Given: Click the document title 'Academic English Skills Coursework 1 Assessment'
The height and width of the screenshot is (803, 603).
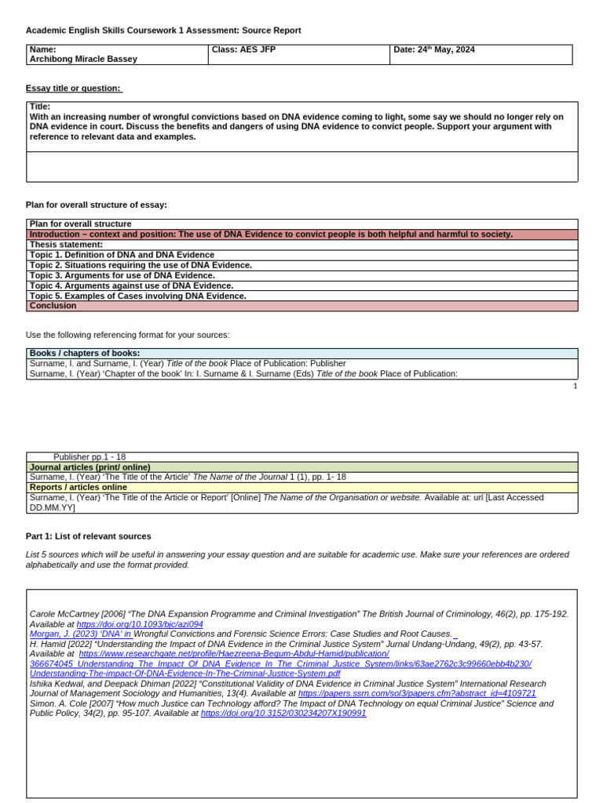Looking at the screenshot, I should click(x=163, y=31).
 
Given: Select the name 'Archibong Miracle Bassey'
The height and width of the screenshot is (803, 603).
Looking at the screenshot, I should click(x=83, y=60).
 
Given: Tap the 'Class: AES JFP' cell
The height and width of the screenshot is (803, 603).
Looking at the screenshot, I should click(x=244, y=49).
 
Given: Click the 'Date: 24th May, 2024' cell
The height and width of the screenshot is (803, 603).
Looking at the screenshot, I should click(x=434, y=49).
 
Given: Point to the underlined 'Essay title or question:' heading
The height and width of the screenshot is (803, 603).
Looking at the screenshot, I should click(x=74, y=89).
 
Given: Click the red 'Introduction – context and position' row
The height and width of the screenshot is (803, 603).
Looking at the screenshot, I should click(x=271, y=234).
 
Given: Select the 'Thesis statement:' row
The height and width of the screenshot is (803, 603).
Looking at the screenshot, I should click(x=67, y=245).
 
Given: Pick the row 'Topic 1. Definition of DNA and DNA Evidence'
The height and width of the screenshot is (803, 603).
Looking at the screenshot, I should click(x=122, y=255).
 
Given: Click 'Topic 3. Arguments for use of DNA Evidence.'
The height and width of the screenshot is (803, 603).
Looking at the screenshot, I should click(x=122, y=275).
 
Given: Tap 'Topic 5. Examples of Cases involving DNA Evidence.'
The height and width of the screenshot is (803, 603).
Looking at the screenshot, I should click(x=138, y=296).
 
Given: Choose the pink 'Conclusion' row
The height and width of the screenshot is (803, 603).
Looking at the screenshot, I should click(x=53, y=306).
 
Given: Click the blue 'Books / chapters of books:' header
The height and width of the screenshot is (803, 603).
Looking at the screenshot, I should click(x=85, y=354).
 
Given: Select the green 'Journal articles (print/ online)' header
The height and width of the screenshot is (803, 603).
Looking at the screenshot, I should click(x=90, y=467).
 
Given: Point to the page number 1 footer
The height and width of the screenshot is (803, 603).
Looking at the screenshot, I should click(x=575, y=386).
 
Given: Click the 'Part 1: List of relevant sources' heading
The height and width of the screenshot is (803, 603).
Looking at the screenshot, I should click(x=89, y=536).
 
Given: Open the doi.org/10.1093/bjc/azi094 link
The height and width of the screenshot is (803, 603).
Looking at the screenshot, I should click(x=140, y=624).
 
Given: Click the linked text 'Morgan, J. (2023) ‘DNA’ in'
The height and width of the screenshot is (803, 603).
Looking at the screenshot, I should click(x=80, y=634).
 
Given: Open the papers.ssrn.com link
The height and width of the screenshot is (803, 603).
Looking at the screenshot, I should click(x=417, y=693).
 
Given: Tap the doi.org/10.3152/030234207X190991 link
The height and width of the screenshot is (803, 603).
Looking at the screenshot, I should click(x=283, y=714).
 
